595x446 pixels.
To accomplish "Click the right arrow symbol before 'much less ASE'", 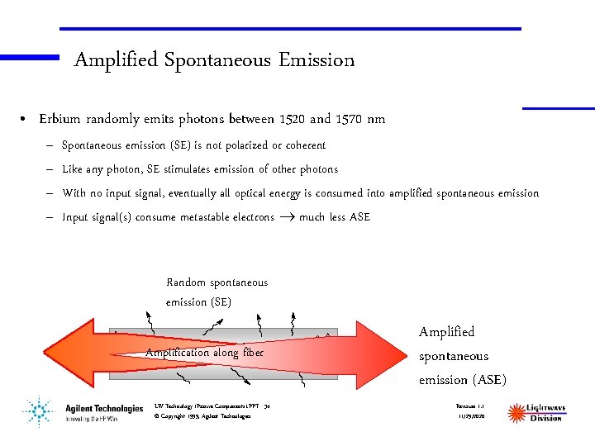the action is (x=286, y=217).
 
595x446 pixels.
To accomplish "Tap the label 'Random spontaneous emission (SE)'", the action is (x=217, y=292).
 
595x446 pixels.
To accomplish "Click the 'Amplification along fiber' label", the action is (x=204, y=353).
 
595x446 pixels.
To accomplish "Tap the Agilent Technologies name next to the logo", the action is (x=104, y=409).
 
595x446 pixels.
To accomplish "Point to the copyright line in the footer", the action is (x=202, y=416).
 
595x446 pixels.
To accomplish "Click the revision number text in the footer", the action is (x=469, y=406).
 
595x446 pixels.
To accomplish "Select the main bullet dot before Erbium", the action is (x=26, y=120).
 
